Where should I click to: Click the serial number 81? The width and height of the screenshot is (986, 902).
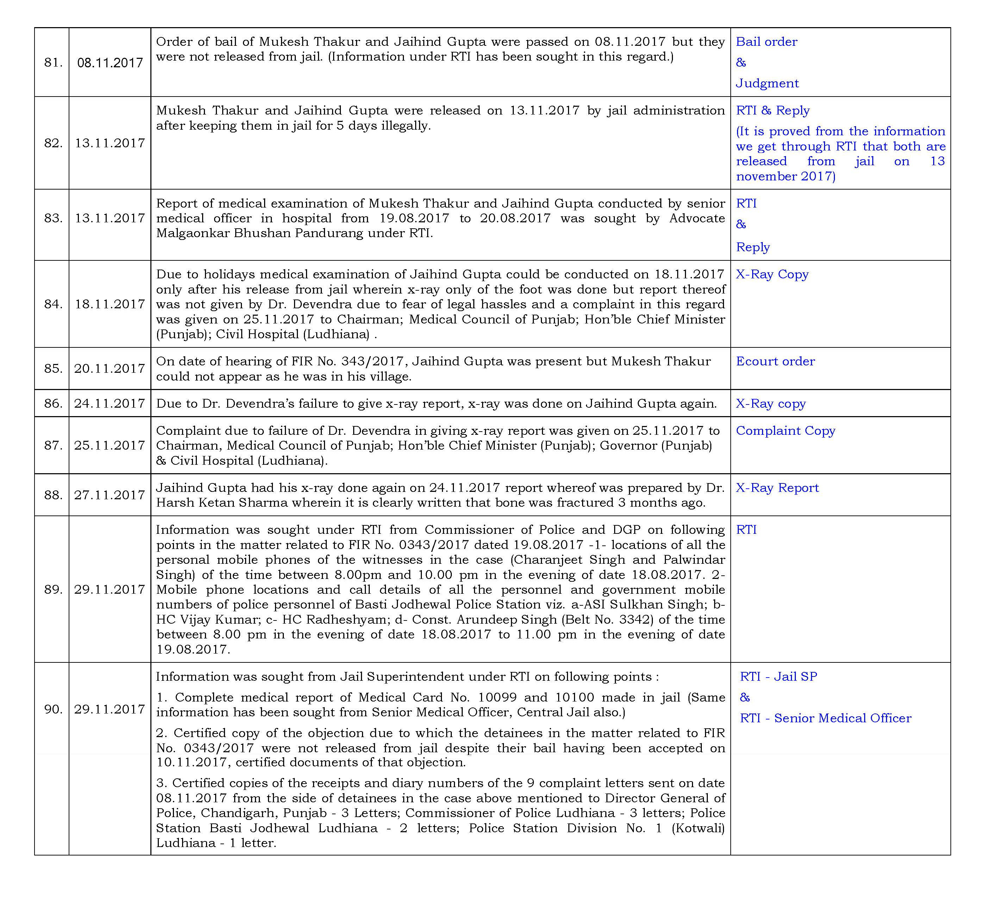53,63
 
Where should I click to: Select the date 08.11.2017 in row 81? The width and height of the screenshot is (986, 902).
110,63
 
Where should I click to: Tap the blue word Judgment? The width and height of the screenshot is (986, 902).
767,83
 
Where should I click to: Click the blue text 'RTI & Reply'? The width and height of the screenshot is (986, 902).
773,111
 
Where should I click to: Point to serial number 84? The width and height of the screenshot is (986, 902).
53,304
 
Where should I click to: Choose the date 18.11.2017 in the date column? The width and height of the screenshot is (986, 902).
110,304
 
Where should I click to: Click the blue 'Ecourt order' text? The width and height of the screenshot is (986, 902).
775,361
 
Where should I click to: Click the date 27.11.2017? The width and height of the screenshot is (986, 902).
110,495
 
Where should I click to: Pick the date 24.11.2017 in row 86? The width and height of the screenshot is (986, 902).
110,403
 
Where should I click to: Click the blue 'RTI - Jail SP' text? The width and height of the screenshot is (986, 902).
778,676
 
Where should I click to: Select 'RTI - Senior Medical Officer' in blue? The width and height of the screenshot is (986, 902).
825,718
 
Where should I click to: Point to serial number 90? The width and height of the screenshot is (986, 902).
53,709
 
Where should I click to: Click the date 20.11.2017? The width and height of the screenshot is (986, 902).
110,369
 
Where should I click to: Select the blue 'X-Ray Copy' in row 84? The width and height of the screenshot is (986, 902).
772,274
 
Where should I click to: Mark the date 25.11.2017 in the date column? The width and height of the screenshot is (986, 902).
110,445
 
